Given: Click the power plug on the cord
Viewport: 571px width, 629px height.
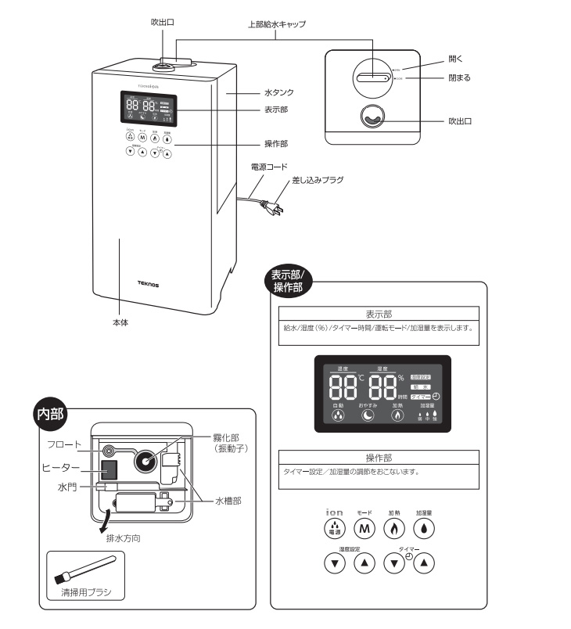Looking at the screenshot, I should pos(271,208).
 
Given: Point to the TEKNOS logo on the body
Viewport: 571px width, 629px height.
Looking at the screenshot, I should pos(148,285).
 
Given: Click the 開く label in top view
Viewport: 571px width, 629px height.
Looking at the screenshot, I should pos(456,59).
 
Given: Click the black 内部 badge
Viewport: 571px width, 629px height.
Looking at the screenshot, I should pos(52,415).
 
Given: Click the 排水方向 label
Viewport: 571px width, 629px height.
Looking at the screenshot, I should pos(124,539).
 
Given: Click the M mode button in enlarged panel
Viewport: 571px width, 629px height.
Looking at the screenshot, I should pos(365,527).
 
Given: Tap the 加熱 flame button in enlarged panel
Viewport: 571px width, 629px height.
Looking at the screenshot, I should pos(394,527).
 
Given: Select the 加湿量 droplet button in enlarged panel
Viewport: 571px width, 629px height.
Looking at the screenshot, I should pos(424,527).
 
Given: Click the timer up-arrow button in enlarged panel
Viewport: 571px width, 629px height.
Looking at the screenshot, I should pos(423,563).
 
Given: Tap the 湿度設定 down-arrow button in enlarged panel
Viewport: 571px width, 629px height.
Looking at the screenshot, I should pos(335,563).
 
